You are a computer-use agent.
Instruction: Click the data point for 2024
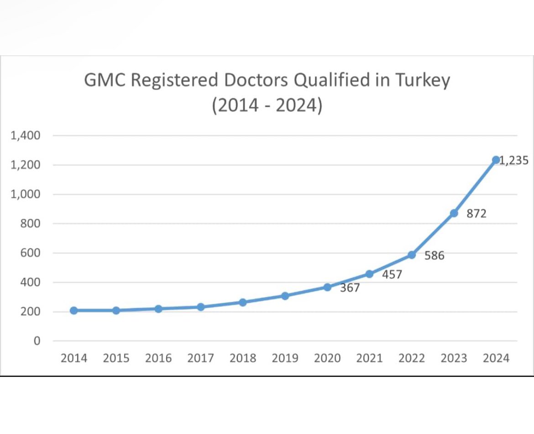click(x=496, y=159)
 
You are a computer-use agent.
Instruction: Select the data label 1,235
click(x=514, y=160)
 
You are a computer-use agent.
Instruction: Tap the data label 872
click(x=476, y=213)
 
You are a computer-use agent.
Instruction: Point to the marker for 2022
click(x=412, y=254)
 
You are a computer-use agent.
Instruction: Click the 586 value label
click(x=434, y=256)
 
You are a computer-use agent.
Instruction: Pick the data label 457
click(x=392, y=275)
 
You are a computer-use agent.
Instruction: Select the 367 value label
click(x=350, y=288)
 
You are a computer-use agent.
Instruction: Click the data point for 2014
click(x=73, y=311)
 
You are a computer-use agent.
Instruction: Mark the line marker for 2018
click(x=243, y=302)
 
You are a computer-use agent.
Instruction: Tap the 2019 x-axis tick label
click(x=285, y=358)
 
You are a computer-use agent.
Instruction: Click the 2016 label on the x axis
click(x=158, y=358)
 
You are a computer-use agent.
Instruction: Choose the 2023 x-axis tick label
click(x=454, y=358)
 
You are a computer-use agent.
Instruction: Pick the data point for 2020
click(x=327, y=287)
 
